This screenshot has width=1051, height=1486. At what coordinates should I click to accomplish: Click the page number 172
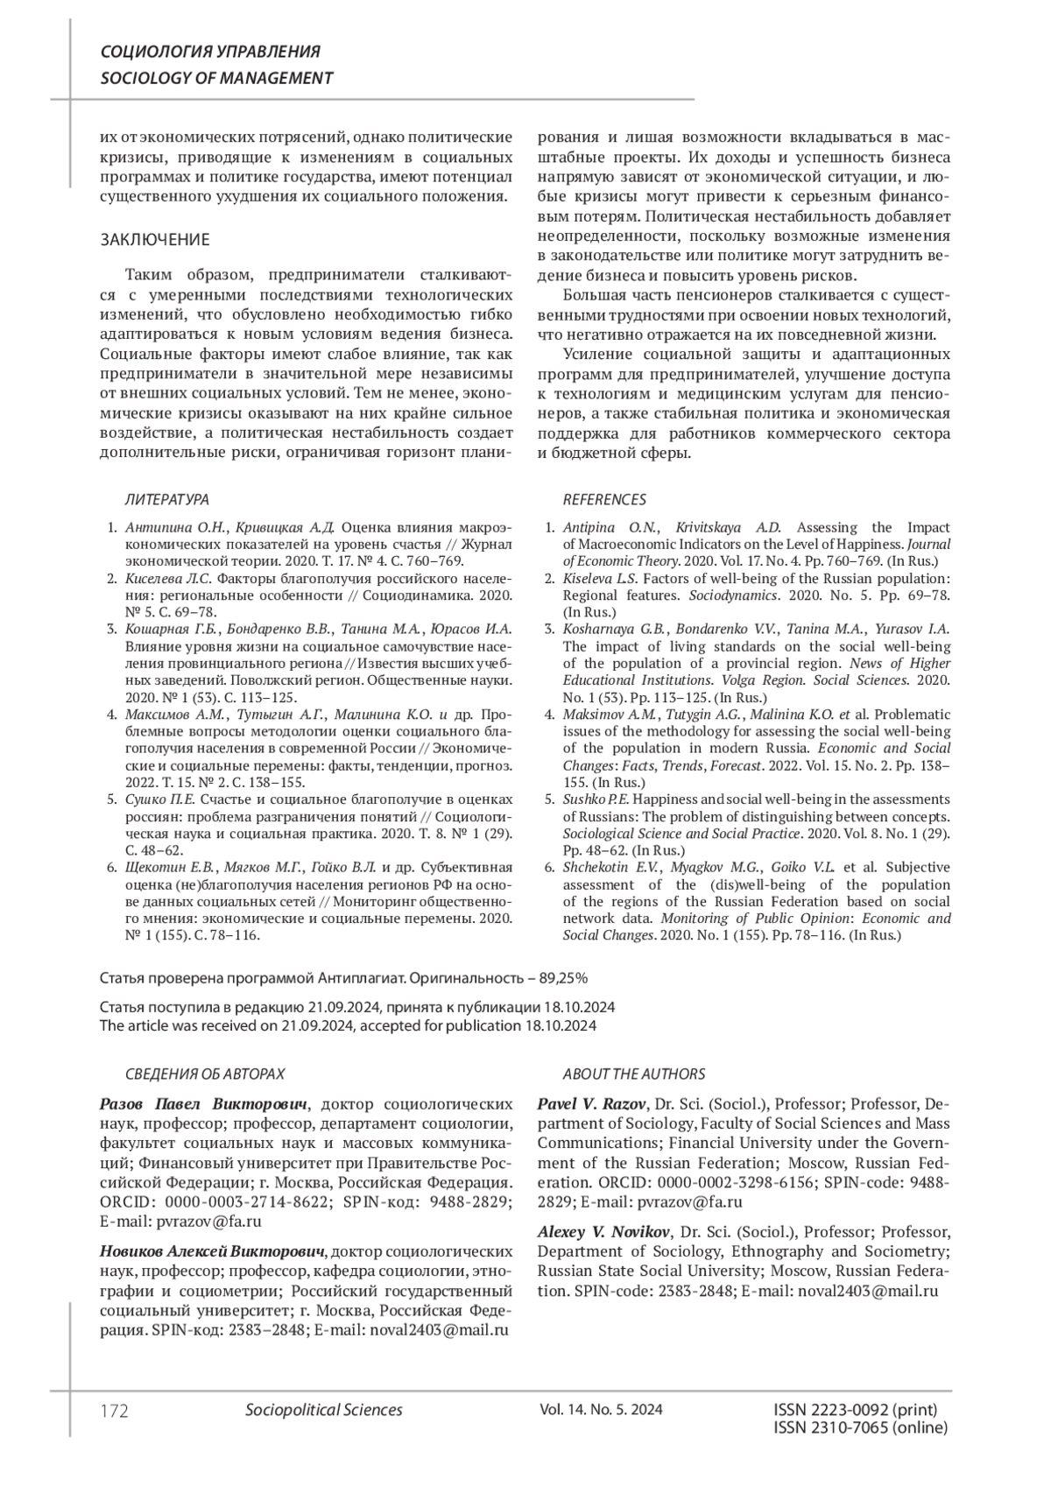pyautogui.click(x=115, y=1411)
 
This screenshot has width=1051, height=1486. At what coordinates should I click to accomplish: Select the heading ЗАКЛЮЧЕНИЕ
pyautogui.click(x=155, y=240)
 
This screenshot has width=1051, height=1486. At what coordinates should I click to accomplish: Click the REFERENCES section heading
pyautogui.click(x=604, y=499)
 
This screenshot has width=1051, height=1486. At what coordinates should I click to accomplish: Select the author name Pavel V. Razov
pyautogui.click(x=592, y=1103)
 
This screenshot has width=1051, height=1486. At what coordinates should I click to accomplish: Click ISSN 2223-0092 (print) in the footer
pyautogui.click(x=856, y=1410)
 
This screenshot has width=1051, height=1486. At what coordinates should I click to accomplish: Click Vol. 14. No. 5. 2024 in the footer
pyautogui.click(x=602, y=1410)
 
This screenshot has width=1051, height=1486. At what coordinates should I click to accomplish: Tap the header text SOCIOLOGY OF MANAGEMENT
pyautogui.click(x=216, y=78)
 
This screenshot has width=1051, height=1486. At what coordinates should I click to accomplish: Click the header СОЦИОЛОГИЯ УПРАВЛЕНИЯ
pyautogui.click(x=210, y=52)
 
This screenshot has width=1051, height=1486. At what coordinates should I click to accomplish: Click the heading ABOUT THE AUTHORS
pyautogui.click(x=633, y=1074)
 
